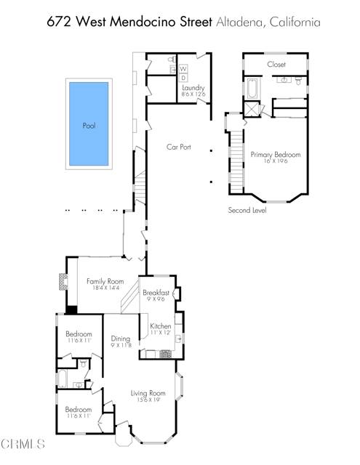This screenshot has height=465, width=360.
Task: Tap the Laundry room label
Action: [193, 88]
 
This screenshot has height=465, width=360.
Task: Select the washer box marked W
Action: [183, 69]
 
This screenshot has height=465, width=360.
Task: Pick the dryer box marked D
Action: [183, 78]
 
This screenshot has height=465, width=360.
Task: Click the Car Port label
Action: [178, 147]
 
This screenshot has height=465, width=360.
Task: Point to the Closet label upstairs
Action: [276, 65]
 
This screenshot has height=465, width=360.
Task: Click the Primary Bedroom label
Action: [276, 155]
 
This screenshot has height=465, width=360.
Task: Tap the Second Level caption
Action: [247, 211]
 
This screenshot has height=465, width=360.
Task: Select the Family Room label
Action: [105, 281]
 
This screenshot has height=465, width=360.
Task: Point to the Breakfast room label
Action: [156, 292]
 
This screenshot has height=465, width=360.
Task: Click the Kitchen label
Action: [160, 326]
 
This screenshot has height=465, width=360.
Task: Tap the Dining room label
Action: [120, 339]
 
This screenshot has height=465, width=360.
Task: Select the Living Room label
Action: [148, 393]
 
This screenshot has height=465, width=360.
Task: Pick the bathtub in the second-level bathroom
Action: [252, 91]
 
